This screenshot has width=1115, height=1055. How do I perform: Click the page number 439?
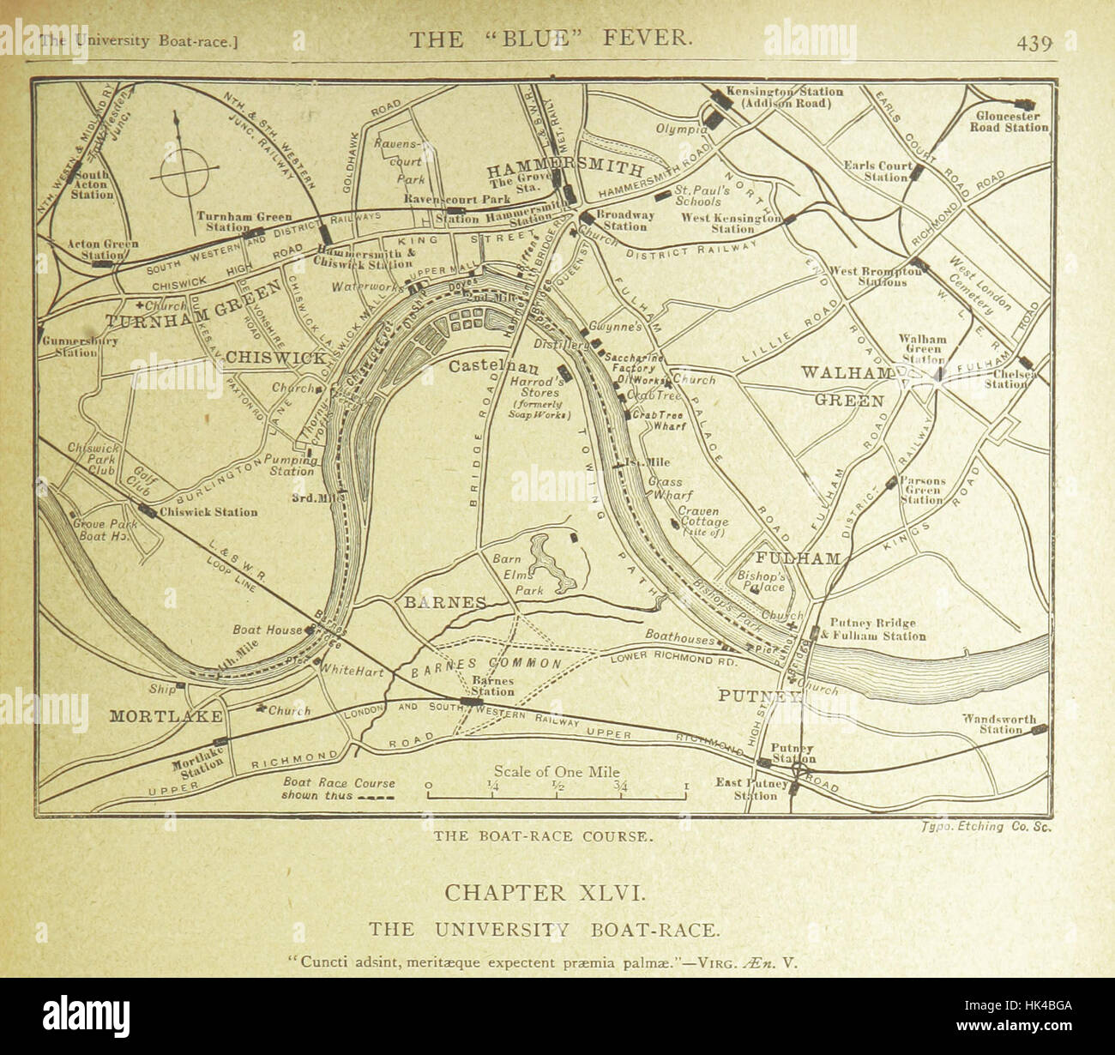(x=1034, y=43)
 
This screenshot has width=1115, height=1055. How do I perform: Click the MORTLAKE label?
(x=166, y=716)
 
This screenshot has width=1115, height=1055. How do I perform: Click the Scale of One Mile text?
(x=556, y=771)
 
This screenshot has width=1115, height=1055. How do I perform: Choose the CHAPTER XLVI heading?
(x=542, y=893)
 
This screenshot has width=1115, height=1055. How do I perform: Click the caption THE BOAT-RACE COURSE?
(x=543, y=836)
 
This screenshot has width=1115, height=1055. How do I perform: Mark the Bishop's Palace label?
(x=762, y=582)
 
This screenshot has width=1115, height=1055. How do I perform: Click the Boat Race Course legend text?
(x=339, y=788)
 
